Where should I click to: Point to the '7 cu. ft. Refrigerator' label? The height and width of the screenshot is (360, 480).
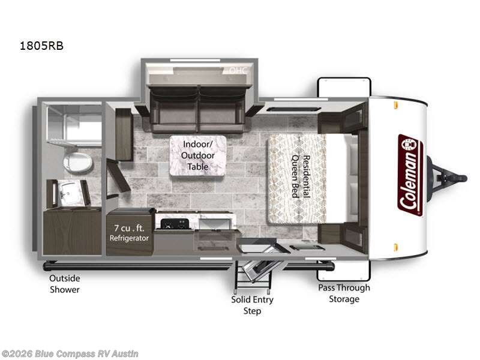(x=129, y=233)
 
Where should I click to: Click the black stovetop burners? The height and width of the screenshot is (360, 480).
(x=173, y=224)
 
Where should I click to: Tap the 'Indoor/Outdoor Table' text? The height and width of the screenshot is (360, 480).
(x=197, y=155)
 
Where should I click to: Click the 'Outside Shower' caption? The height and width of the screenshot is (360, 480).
(x=65, y=284)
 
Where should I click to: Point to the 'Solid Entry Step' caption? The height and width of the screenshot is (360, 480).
(x=252, y=305)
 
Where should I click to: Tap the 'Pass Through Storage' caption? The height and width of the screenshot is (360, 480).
(x=344, y=293)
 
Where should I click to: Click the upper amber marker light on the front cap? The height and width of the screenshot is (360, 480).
(x=396, y=106)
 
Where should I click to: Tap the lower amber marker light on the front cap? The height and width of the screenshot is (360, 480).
(x=396, y=247)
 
